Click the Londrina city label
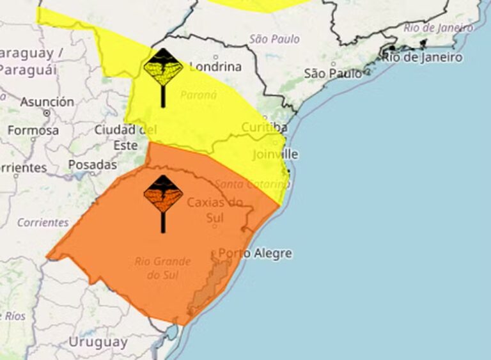pyautogui.click(x=215, y=67)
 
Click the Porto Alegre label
pyautogui.click(x=255, y=253)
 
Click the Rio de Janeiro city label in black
pyautogui.click(x=422, y=57)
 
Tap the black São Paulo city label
pyautogui.click(x=332, y=74)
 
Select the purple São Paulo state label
pyautogui.click(x=274, y=39)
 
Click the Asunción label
pyautogui.click(x=47, y=102)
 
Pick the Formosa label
pyautogui.click(x=33, y=130)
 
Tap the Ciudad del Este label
pyautogui.click(x=125, y=137)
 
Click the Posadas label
pyautogui.click(x=93, y=164)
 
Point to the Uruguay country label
pyautogui.click(x=98, y=341)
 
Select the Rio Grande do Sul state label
pyautogui.click(x=162, y=268)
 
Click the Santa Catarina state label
pyautogui.click(x=252, y=184)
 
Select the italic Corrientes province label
pyautogui.click(x=43, y=223)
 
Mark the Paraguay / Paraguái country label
pyautogui.click(x=29, y=61)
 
